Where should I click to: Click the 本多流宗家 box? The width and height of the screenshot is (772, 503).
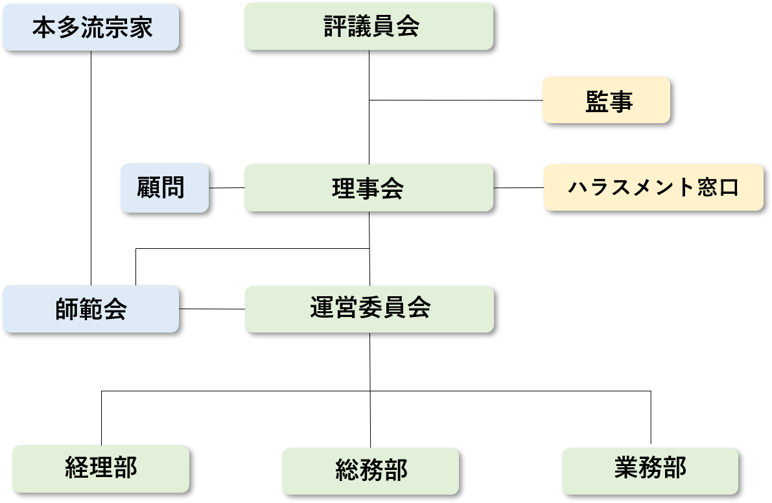click(x=92, y=29)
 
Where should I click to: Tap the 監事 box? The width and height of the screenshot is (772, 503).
click(x=608, y=100)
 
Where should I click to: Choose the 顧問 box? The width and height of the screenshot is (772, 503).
click(x=165, y=187)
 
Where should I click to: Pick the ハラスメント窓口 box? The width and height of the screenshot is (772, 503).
click(x=653, y=188)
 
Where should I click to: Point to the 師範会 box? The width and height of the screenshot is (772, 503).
click(x=91, y=309)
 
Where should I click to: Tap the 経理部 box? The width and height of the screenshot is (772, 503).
click(x=102, y=468)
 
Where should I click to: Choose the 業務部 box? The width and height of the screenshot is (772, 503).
click(x=649, y=469)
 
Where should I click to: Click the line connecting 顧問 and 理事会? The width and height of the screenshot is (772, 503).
click(x=228, y=188)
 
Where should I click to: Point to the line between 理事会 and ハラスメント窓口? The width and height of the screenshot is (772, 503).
click(x=521, y=188)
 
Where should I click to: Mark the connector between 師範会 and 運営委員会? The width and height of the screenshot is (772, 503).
click(x=215, y=309)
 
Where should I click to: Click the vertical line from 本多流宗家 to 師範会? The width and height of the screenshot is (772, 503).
click(x=91, y=169)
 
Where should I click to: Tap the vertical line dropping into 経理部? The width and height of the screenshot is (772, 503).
click(x=102, y=417)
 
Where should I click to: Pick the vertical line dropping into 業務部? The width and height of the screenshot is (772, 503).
click(x=650, y=418)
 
